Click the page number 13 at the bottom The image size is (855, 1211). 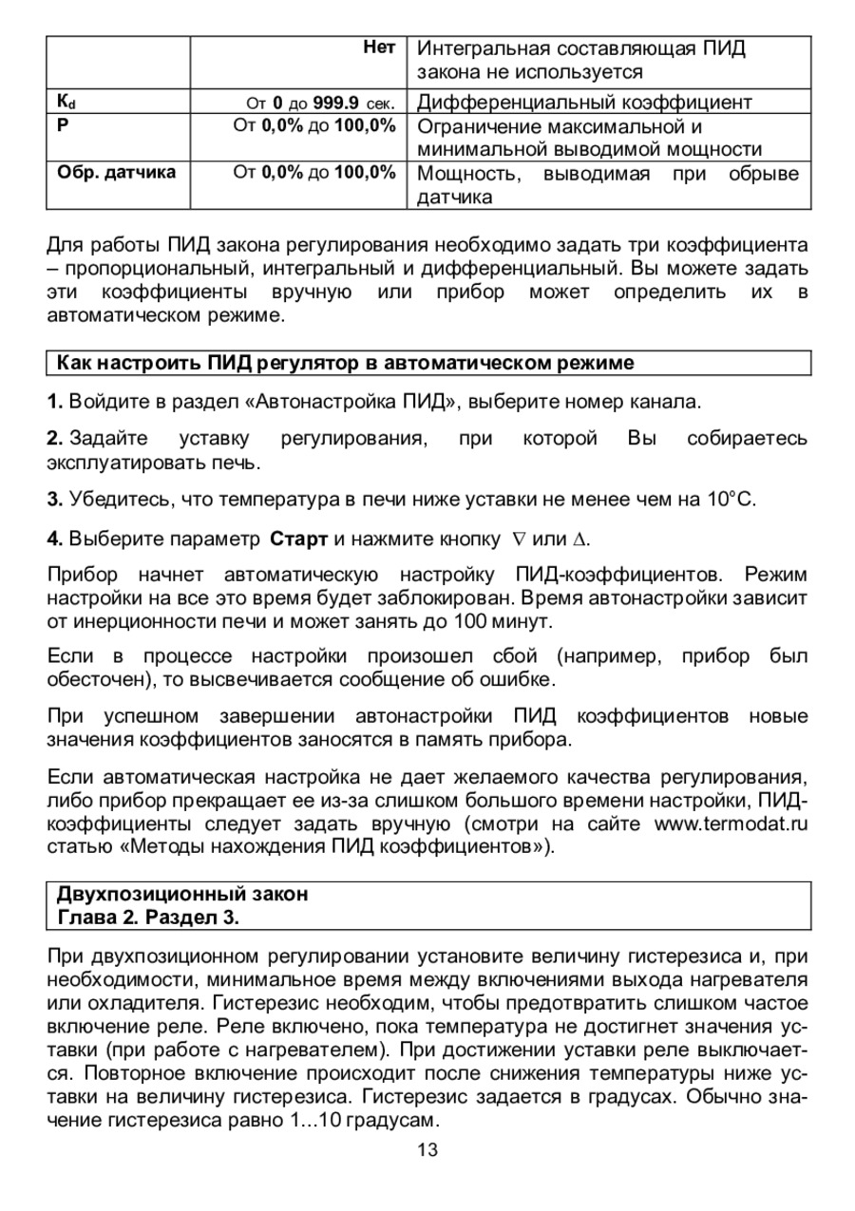click(x=427, y=1150)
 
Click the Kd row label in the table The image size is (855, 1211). click(x=66, y=102)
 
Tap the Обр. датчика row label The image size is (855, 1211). click(x=116, y=173)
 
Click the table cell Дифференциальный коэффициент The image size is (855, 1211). click(x=584, y=102)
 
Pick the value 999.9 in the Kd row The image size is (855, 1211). click(x=335, y=102)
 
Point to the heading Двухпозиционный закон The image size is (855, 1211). click(x=182, y=894)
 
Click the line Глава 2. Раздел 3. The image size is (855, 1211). click(x=147, y=918)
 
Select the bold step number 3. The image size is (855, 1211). click(x=54, y=500)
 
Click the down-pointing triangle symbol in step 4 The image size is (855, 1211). click(x=519, y=539)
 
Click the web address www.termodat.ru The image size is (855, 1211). click(x=731, y=823)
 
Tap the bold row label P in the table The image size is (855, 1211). click(x=63, y=125)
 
